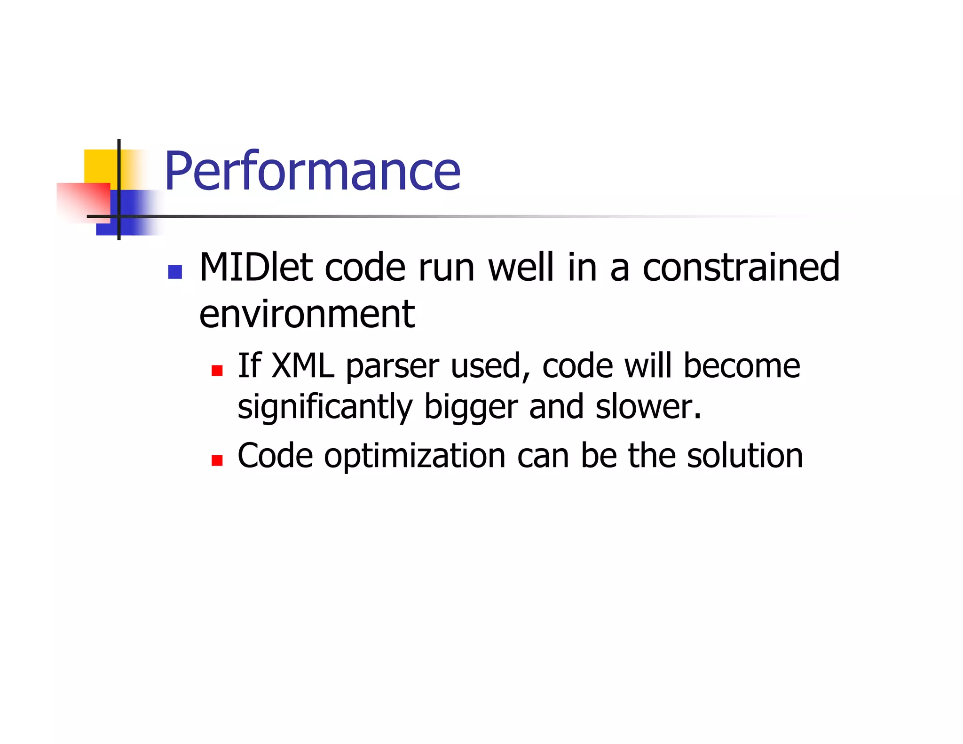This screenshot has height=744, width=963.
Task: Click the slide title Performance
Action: point(312,171)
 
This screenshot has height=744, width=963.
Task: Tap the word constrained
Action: point(741,267)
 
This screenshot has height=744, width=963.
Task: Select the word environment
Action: point(307,314)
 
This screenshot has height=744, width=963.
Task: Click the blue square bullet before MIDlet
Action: point(175,272)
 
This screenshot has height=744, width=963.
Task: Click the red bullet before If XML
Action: point(217,371)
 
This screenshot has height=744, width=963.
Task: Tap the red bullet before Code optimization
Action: point(217,460)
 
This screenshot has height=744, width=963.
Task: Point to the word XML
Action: point(303,366)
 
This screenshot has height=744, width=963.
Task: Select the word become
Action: point(741,366)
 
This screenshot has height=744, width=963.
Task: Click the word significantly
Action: point(324,407)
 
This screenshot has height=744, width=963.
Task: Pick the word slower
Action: point(648,407)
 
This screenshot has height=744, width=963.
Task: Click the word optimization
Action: point(414,456)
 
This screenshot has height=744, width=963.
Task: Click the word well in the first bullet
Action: point(521,267)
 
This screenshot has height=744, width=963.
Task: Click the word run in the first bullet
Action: point(446,268)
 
